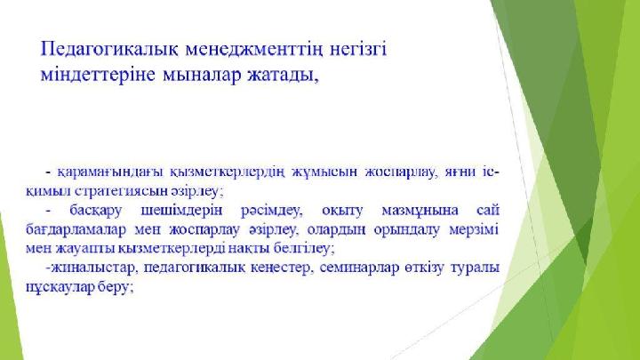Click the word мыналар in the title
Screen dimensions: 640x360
point(203,76)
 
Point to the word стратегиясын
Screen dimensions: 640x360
point(121,191)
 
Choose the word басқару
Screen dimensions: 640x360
point(95,212)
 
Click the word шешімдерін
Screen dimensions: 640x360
point(181,212)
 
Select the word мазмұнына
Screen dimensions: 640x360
point(420,212)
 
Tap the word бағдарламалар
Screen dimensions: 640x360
point(76,230)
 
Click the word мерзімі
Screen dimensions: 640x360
point(474,230)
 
